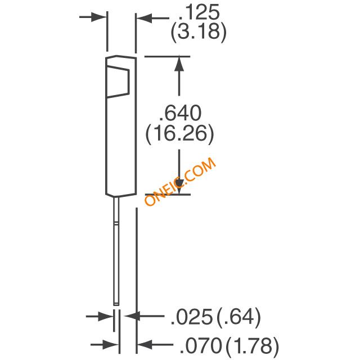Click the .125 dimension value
click(199, 12)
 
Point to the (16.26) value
click(180, 134)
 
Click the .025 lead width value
click(192, 317)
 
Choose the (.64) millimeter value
click(238, 317)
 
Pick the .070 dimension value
click(201, 345)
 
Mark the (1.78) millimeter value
click(253, 345)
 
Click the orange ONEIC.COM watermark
click(180, 181)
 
